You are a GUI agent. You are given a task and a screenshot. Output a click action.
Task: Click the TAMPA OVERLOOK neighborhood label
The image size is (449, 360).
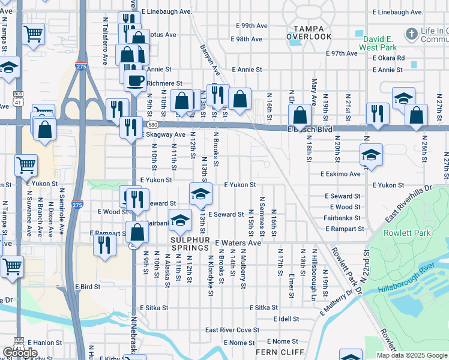(309, 32)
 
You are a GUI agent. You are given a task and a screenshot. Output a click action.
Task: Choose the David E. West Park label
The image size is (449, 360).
(378, 41)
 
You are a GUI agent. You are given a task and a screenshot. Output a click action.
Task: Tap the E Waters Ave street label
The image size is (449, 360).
(238, 243)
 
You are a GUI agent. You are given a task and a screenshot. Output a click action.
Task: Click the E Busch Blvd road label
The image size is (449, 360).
(310, 129)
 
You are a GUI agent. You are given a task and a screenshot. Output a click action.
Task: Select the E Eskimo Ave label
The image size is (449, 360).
(340, 174)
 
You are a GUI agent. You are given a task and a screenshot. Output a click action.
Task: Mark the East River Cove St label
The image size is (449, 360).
(232, 330)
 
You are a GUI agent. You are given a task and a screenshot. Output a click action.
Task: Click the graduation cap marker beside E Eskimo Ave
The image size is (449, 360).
(371, 155)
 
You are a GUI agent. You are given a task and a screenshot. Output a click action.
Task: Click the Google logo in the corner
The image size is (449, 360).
(20, 353)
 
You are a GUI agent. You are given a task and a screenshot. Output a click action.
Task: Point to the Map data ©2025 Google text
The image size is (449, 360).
(412, 355)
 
